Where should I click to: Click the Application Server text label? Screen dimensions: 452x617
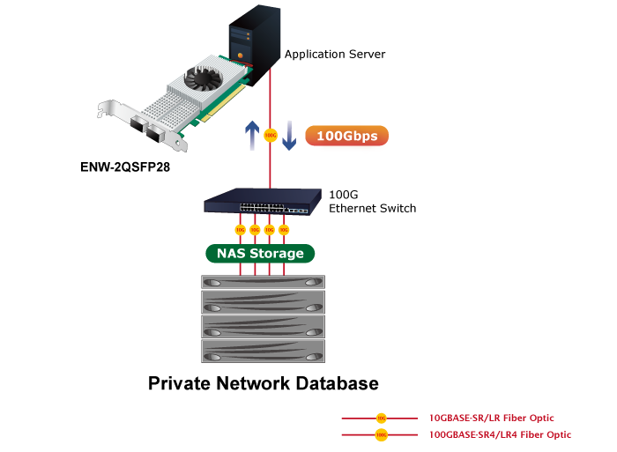click(335, 55)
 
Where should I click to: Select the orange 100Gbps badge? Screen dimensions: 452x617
click(346, 137)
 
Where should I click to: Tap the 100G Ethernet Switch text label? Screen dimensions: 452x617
click(371, 201)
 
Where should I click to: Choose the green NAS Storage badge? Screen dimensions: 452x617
click(260, 254)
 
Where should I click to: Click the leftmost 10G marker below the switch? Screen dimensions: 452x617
click(240, 230)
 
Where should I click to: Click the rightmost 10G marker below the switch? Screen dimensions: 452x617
click(284, 230)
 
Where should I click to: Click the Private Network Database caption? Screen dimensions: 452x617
click(263, 384)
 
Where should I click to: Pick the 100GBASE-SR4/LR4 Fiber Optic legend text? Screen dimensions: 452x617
click(500, 434)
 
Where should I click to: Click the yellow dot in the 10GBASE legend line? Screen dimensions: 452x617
click(381, 418)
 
